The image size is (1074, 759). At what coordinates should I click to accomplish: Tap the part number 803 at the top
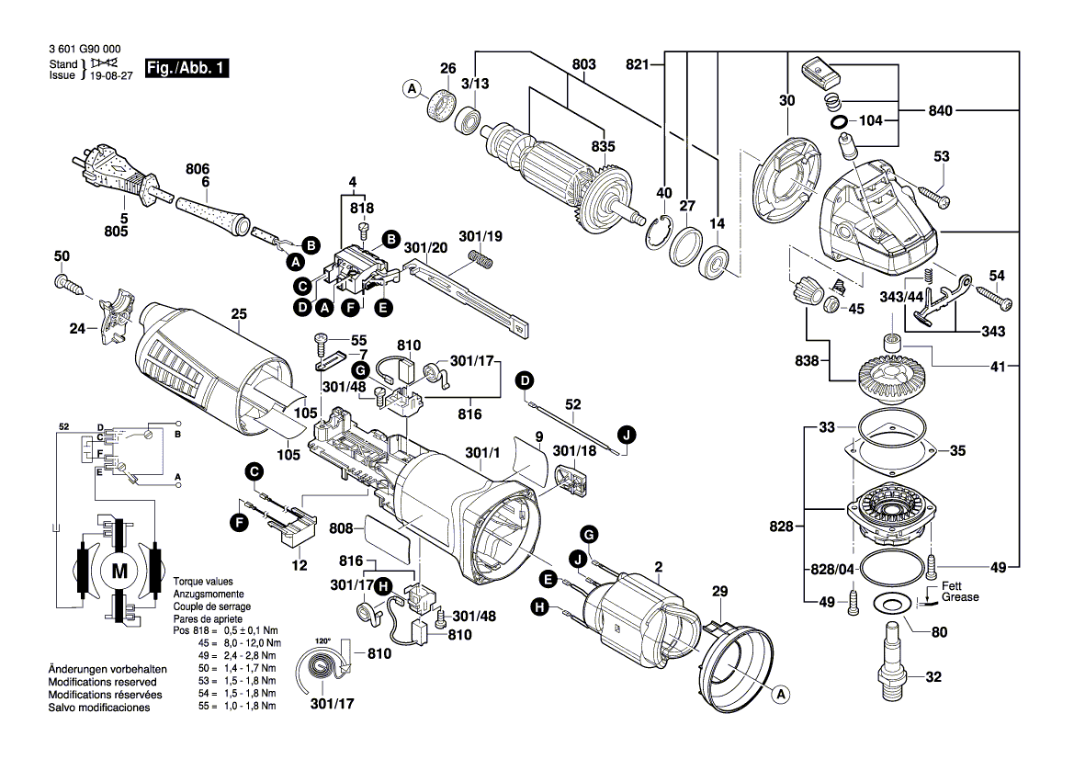[x=584, y=64]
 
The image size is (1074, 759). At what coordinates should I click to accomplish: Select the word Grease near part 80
[x=959, y=597]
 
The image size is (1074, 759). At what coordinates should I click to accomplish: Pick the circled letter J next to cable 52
[x=626, y=434]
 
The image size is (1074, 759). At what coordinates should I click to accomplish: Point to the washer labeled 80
[x=887, y=605]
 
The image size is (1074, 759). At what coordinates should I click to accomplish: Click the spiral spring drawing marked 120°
[x=324, y=668]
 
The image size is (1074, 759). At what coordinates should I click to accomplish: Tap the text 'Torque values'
[x=202, y=582]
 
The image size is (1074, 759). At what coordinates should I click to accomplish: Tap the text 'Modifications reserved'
[x=107, y=683]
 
